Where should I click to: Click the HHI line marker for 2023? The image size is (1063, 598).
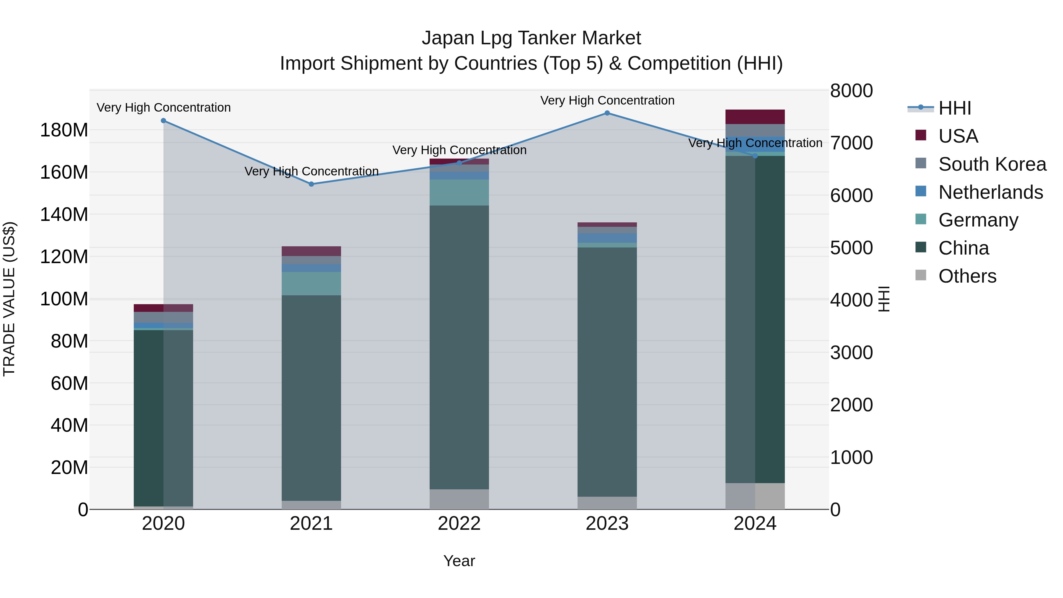pyautogui.click(x=607, y=113)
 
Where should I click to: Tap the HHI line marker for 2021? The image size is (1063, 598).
pyautogui.click(x=311, y=184)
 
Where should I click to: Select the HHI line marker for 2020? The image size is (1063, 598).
pyautogui.click(x=163, y=120)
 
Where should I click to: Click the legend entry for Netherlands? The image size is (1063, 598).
pyautogui.click(x=990, y=192)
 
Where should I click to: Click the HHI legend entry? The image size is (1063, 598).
pyautogui.click(x=954, y=108)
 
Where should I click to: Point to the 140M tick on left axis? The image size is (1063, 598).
pyautogui.click(x=64, y=215)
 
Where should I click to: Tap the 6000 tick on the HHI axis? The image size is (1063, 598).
pyautogui.click(x=851, y=195)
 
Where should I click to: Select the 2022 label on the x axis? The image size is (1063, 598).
pyautogui.click(x=459, y=524)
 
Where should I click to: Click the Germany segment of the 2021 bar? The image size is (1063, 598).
pyautogui.click(x=311, y=283)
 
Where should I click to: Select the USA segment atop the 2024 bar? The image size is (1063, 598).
pyautogui.click(x=755, y=117)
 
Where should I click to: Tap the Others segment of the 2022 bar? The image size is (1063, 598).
pyautogui.click(x=459, y=499)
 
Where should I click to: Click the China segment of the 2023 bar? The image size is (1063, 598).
pyautogui.click(x=607, y=371)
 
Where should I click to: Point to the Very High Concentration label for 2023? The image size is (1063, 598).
pyautogui.click(x=607, y=100)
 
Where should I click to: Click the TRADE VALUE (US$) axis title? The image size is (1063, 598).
pyautogui.click(x=9, y=299)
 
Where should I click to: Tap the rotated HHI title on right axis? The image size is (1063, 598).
pyautogui.click(x=883, y=299)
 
